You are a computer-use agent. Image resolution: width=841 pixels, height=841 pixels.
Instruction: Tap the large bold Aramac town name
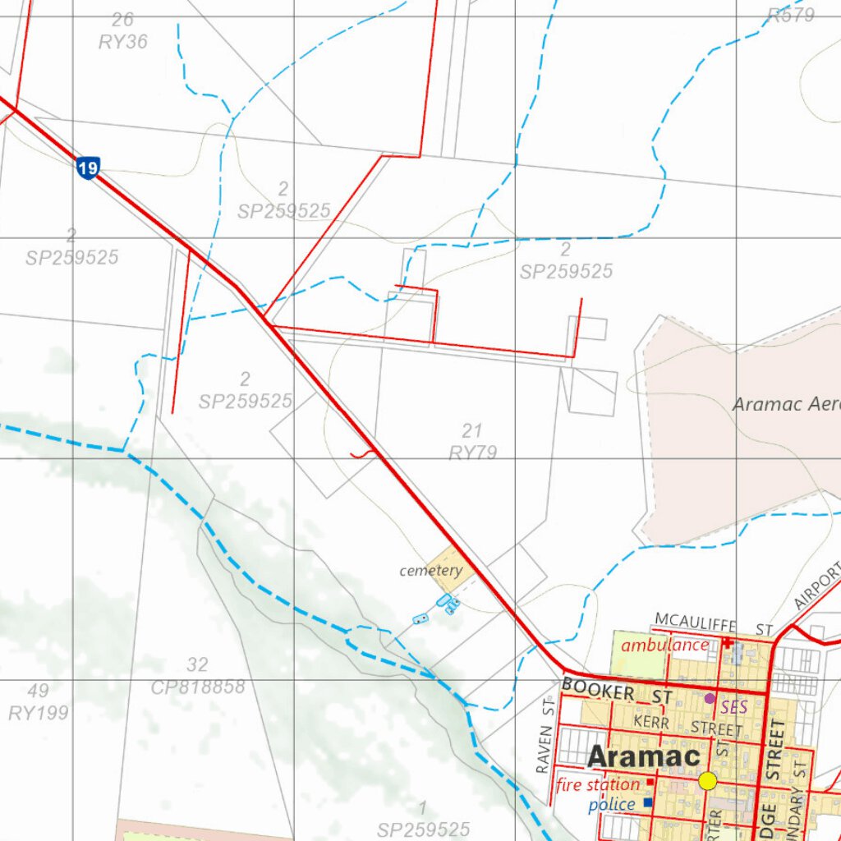[x=644, y=756]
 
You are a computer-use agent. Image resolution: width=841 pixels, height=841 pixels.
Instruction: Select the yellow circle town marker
[x=708, y=781]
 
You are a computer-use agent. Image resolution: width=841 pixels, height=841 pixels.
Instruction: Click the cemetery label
[x=430, y=571]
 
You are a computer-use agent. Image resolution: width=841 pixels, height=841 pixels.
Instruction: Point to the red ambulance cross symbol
[x=727, y=643]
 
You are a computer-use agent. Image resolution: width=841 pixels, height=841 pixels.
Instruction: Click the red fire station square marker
[x=650, y=782]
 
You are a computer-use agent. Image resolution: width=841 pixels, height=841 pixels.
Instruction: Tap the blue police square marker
[x=648, y=802]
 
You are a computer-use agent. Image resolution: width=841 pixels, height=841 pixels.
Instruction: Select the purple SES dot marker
[x=710, y=698]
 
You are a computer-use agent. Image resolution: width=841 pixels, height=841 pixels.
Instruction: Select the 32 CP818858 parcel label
[x=198, y=676]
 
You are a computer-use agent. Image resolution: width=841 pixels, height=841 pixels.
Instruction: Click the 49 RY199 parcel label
[x=39, y=701]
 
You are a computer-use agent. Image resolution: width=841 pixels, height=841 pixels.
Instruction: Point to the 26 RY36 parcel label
[x=123, y=31]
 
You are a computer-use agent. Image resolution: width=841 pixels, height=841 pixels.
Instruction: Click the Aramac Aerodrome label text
[x=785, y=404]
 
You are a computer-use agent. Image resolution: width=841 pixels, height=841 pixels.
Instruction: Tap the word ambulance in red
[x=664, y=645]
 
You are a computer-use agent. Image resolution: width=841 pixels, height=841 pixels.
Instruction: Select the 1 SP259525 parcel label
[x=423, y=820]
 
